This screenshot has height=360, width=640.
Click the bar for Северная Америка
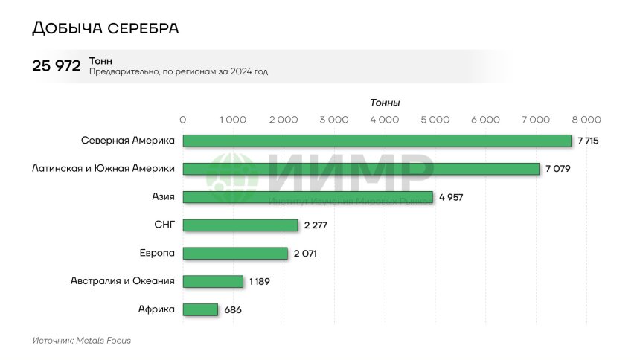point(377,141)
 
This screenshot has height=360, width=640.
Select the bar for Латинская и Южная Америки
point(361,169)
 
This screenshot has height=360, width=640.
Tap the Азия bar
point(307,197)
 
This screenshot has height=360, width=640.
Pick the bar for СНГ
point(240,225)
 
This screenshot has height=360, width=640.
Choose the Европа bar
point(235,254)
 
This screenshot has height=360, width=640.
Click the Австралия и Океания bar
point(213,281)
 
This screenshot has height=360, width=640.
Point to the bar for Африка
point(200,309)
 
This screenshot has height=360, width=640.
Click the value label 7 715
point(588,141)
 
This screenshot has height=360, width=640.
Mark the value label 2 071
point(306,254)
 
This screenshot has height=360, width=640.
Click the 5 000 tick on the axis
point(435,119)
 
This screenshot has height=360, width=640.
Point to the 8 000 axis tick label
point(586,119)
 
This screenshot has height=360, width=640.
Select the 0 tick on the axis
point(183,119)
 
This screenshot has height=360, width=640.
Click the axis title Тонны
point(385,103)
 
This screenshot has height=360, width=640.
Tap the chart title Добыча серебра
point(105,28)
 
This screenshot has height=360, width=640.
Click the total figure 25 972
point(57,66)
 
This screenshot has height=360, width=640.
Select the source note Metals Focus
point(81,340)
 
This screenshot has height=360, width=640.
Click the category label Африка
point(156,309)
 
